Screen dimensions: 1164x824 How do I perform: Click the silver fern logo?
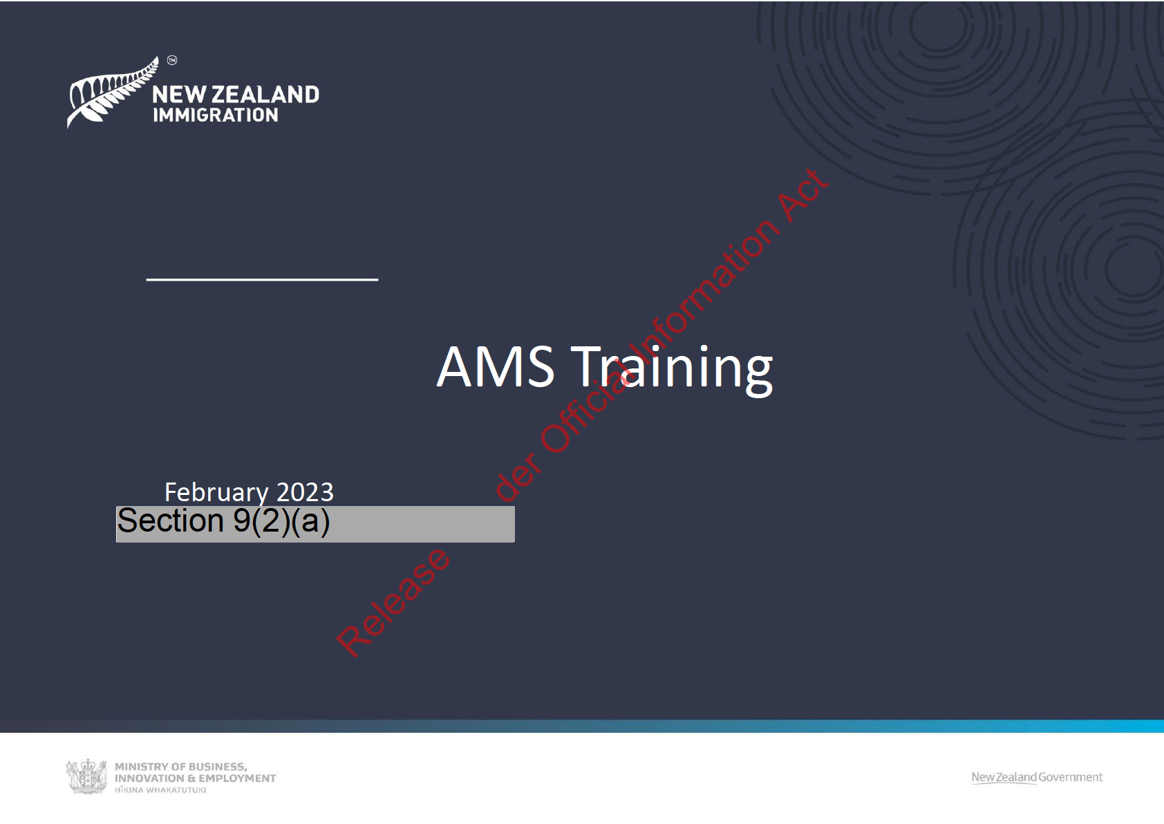coord(112,92)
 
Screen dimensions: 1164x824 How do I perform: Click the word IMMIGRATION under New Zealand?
coord(216,115)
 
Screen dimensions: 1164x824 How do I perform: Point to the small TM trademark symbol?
coord(172,60)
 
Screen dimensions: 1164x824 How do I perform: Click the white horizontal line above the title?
coord(262,279)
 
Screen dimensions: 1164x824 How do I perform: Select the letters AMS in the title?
coord(496,366)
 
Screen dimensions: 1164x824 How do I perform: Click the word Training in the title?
coord(672,369)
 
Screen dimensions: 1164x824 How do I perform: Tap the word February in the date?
coord(216,492)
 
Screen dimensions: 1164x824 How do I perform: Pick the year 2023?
coord(305,492)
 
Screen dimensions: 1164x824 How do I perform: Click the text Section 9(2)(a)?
coord(223,521)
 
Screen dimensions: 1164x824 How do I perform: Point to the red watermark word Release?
coord(393,603)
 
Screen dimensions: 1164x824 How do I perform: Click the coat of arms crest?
coord(86,776)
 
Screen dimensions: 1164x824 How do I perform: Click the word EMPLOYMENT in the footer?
coord(238,778)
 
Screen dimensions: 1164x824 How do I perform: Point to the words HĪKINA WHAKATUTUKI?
coord(160,790)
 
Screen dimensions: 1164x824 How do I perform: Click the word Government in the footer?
coord(1071,777)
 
